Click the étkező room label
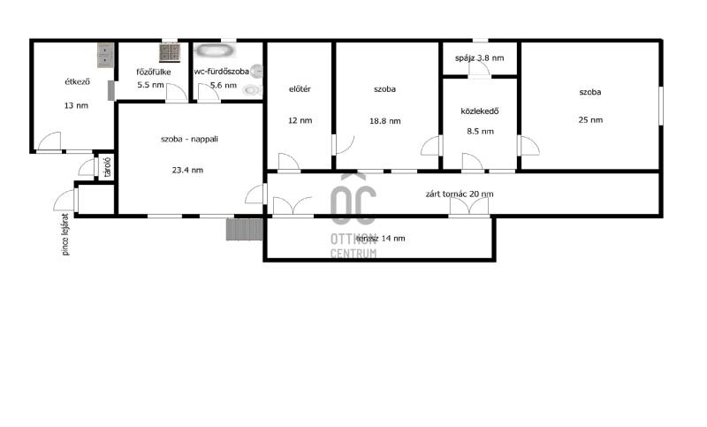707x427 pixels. click(x=78, y=81)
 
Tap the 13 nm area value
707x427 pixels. click(x=76, y=105)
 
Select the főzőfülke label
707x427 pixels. click(x=154, y=72)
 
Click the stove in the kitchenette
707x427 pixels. click(x=170, y=52)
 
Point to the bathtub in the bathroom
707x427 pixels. click(x=215, y=50)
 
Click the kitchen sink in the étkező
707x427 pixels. click(x=105, y=55)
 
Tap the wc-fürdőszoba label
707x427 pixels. click(x=222, y=72)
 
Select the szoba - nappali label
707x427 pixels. click(x=189, y=139)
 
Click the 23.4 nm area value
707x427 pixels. click(x=187, y=170)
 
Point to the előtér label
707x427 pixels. click(x=300, y=88)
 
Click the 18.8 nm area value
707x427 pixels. click(x=385, y=121)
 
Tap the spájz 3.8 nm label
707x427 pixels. click(x=480, y=57)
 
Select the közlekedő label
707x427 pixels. click(x=480, y=111)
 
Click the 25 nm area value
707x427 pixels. click(x=590, y=120)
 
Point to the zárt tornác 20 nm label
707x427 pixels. click(x=460, y=194)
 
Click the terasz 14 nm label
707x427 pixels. click(x=381, y=238)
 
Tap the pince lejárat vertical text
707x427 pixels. click(x=65, y=234)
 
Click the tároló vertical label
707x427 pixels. click(x=107, y=167)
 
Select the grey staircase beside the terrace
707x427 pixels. click(x=245, y=230)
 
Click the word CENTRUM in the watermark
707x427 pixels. click(x=353, y=254)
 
